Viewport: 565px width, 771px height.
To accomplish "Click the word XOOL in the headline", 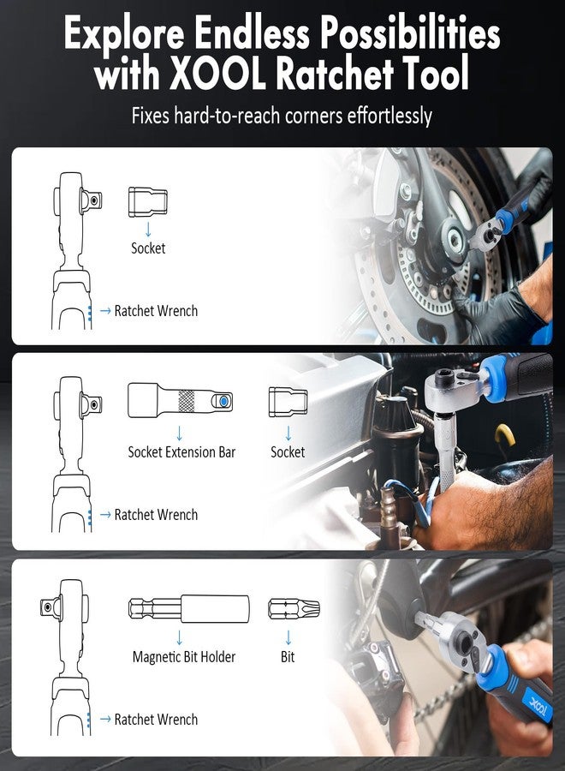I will tap(211, 74).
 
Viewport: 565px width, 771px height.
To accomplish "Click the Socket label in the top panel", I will tap(148, 248).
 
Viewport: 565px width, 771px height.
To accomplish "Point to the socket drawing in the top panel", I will tap(147, 202).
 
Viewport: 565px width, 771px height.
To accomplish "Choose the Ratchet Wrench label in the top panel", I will tap(156, 311).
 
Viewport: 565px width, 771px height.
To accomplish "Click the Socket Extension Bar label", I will tap(181, 451).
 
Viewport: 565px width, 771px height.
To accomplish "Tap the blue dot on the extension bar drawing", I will tap(223, 400).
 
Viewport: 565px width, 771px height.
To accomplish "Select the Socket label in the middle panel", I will tap(288, 451).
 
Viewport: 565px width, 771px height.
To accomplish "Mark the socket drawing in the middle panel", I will tap(288, 400).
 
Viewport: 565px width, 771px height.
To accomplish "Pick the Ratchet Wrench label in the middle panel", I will tap(156, 515).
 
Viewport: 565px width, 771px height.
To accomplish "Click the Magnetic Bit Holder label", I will tap(184, 657).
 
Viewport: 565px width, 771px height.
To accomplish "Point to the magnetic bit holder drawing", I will tap(189, 608).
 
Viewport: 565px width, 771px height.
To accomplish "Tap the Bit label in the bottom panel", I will tap(288, 657).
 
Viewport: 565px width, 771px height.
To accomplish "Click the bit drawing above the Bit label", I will tap(293, 608).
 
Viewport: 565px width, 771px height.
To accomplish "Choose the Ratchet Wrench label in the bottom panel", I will tap(156, 720).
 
